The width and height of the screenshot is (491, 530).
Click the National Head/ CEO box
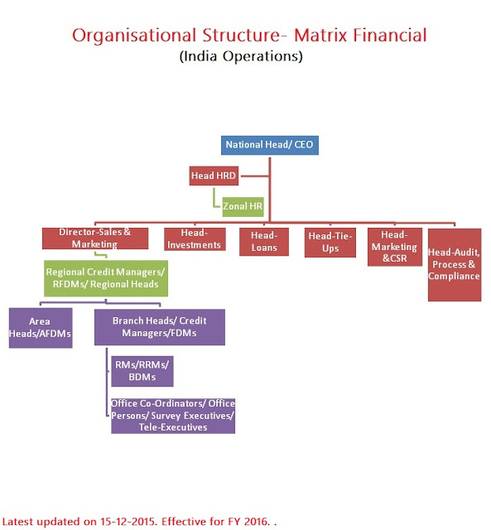click(270, 145)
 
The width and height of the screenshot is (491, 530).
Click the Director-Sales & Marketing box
click(94, 239)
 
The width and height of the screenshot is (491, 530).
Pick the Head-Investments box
click(194, 239)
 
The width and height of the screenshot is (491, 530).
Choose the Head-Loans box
click(264, 242)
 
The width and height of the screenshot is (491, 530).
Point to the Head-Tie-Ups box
click(330, 242)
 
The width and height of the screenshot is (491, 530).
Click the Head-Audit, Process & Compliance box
click(454, 264)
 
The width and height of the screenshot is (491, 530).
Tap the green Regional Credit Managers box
click(105, 278)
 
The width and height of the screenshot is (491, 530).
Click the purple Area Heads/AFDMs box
click(40, 326)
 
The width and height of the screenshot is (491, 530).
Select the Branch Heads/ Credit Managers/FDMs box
click(158, 326)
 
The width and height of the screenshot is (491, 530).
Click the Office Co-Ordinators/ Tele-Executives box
click(172, 416)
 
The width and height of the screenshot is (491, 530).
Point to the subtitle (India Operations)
click(241, 56)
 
